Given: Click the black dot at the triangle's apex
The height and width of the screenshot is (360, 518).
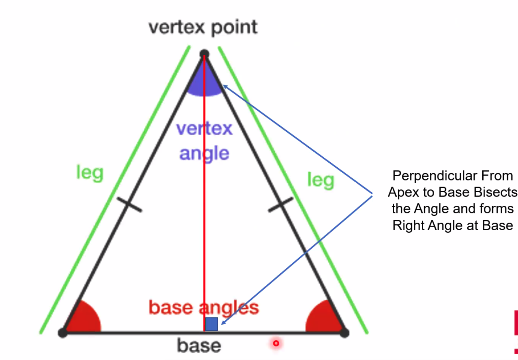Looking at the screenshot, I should (x=204, y=54).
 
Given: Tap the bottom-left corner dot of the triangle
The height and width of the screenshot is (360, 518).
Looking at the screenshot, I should (x=63, y=333).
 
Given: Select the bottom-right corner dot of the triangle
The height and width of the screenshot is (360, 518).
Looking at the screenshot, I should (x=344, y=333).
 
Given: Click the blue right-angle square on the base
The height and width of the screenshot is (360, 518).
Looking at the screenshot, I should (x=212, y=324).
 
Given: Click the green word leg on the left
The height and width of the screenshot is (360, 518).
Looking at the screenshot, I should (x=90, y=173).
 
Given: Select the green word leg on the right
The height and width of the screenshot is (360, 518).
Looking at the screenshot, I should (x=321, y=180).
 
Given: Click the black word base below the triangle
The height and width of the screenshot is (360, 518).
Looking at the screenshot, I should (x=199, y=346).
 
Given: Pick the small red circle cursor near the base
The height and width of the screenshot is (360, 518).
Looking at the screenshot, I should (x=276, y=343).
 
